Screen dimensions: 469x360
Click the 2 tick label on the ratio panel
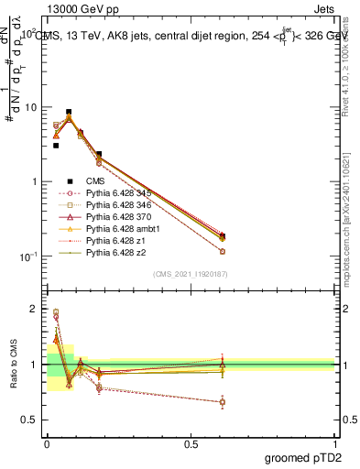pos(33,310)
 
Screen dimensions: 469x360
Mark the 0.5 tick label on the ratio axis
pos(29,420)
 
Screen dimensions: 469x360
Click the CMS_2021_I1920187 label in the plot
pos(190,274)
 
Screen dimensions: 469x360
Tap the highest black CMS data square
pos(69,112)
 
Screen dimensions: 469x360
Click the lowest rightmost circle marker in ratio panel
pos(223,402)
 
